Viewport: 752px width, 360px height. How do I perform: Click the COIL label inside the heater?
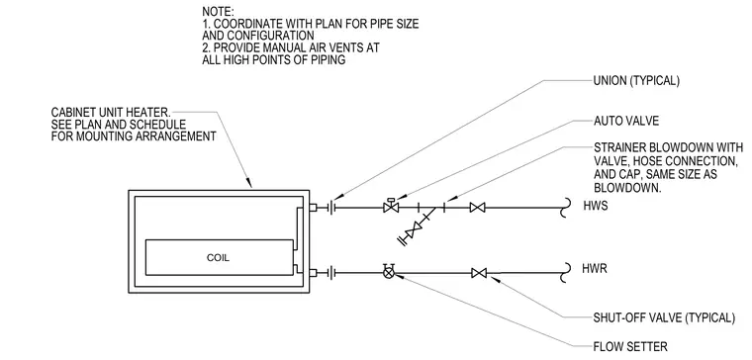218,257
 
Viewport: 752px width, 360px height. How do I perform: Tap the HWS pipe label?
596,206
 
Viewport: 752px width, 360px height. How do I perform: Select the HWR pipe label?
595,269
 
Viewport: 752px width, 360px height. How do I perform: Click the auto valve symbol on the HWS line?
391,206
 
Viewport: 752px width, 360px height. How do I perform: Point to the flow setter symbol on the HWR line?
389,272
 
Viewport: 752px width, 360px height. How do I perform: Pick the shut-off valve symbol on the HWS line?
477,208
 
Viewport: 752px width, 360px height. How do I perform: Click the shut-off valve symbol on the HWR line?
479,273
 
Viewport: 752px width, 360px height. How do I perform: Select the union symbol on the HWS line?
332,208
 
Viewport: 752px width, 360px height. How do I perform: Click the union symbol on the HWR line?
332,273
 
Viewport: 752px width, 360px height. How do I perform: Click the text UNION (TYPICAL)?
636,81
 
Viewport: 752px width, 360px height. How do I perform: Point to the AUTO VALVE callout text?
626,121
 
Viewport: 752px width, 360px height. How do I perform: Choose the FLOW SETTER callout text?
629,346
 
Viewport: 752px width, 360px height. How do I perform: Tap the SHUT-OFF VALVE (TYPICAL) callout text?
664,317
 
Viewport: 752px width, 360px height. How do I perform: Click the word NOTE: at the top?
218,11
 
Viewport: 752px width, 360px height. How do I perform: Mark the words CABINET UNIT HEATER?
111,113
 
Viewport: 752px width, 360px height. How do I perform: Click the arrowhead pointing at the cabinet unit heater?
248,183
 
